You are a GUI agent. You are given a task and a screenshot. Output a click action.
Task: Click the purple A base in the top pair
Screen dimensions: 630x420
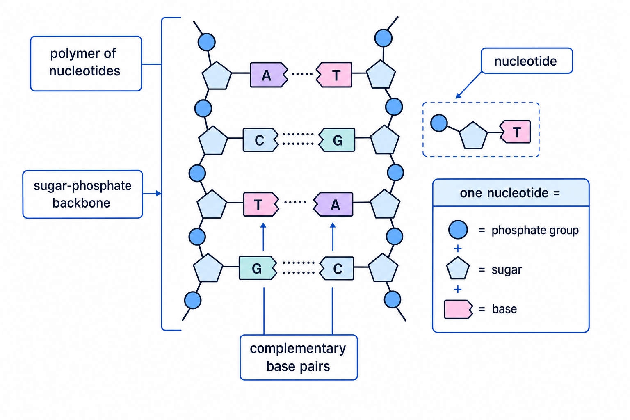[269, 75]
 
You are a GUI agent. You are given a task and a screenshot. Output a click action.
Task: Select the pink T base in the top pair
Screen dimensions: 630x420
[334, 75]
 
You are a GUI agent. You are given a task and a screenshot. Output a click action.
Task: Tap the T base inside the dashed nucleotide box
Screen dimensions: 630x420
[515, 132]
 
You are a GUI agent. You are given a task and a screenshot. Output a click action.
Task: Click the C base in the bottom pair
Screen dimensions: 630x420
[337, 268]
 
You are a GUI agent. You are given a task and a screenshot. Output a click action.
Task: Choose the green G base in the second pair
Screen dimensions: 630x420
[337, 140]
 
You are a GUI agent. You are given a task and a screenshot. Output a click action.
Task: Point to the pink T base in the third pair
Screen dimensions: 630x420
[261, 204]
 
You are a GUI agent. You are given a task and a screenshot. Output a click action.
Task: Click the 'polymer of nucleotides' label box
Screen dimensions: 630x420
[86, 64]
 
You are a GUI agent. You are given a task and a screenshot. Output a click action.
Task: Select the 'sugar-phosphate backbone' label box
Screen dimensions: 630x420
[83, 194]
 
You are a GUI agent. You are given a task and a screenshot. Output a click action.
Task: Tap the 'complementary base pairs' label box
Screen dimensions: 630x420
[299, 357]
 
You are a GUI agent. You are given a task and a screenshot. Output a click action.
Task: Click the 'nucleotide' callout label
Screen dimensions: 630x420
[527, 61]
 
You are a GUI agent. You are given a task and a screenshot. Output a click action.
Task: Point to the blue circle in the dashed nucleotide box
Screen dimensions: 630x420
[439, 123]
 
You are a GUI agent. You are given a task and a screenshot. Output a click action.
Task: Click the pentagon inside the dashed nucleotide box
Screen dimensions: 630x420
[473, 136]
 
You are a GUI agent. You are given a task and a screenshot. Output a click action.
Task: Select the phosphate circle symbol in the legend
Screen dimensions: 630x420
[458, 230]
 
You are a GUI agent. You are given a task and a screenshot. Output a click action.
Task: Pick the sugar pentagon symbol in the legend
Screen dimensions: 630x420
[458, 268]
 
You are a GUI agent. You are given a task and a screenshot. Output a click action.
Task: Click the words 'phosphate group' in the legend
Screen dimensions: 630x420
[535, 231]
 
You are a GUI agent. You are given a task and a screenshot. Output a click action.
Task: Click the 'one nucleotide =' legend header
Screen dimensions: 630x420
[511, 193]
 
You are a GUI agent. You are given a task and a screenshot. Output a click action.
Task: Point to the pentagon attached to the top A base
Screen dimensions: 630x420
[217, 75]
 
